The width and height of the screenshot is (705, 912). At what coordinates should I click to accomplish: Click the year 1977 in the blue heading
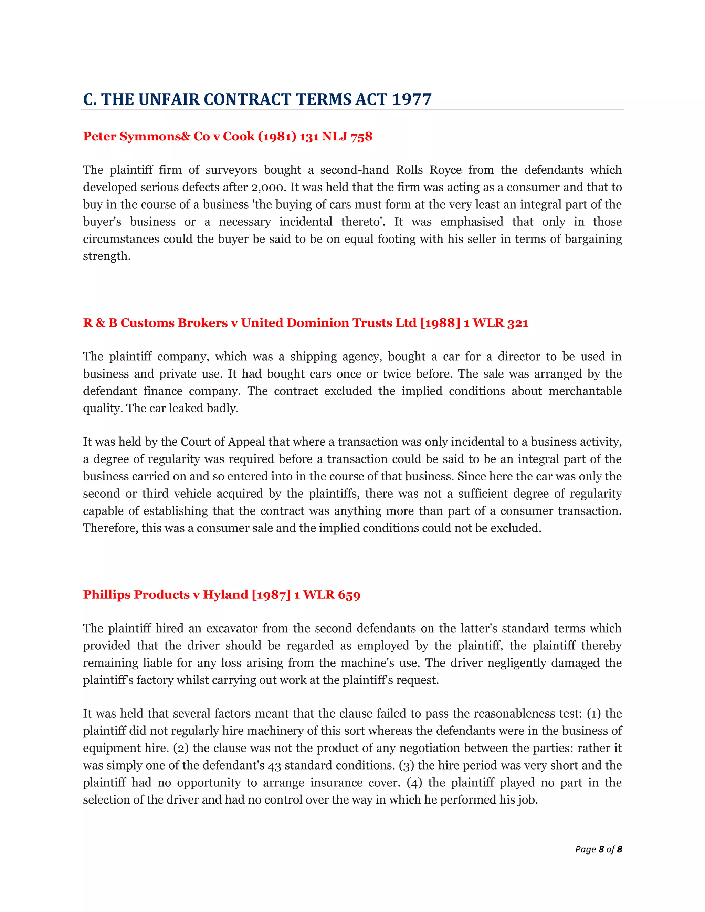click(x=411, y=99)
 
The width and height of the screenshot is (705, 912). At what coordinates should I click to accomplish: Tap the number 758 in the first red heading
click(x=361, y=137)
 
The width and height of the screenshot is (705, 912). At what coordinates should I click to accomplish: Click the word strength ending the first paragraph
click(x=106, y=256)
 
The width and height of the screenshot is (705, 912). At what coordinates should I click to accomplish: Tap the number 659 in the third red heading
click(x=349, y=595)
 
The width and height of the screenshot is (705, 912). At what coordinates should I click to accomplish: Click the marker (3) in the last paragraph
click(x=407, y=765)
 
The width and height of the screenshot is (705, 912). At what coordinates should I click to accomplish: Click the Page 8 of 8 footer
click(x=598, y=849)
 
